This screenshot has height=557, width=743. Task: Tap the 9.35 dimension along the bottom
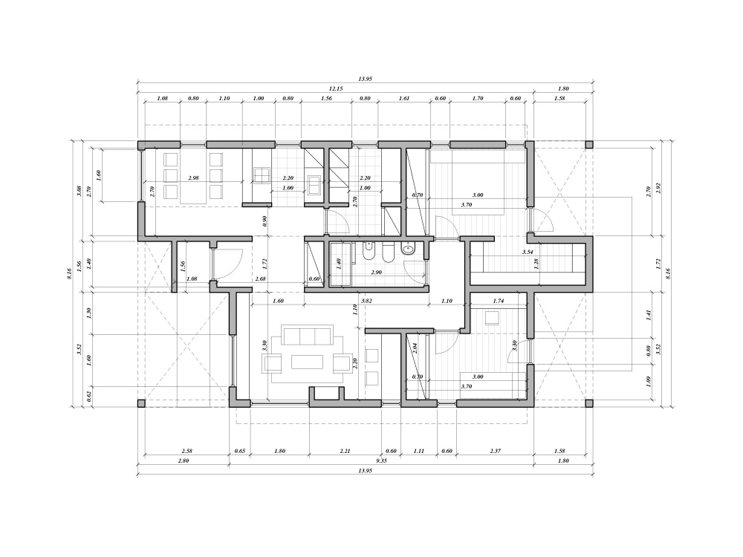click(x=381, y=461)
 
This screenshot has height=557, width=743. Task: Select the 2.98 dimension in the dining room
click(x=194, y=178)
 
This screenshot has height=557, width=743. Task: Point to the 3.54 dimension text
click(x=528, y=253)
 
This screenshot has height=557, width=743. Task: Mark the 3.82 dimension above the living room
click(x=366, y=302)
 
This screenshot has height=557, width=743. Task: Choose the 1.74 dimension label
click(x=499, y=301)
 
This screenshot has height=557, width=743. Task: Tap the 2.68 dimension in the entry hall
click(x=260, y=278)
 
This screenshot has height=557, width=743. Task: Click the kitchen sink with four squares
click(x=262, y=175)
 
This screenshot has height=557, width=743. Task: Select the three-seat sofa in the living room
click(x=306, y=336)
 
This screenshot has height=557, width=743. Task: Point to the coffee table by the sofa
click(x=307, y=362)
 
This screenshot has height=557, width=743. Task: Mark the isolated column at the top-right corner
click(x=589, y=145)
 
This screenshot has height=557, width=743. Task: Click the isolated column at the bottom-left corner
click(x=141, y=403)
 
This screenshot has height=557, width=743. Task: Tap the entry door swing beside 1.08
click(x=227, y=261)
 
